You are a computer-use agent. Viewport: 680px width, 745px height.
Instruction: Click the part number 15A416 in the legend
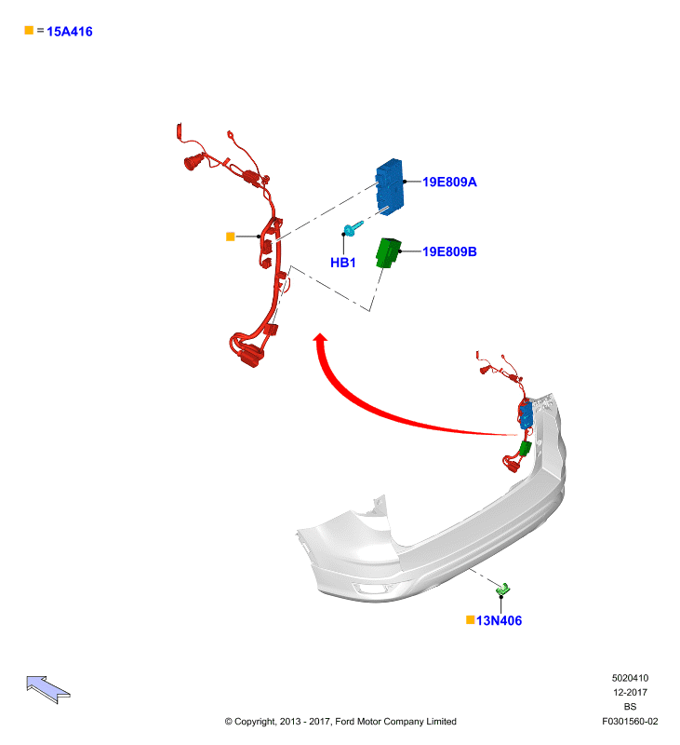pos(69,32)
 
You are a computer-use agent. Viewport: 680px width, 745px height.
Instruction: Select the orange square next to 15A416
pos(29,30)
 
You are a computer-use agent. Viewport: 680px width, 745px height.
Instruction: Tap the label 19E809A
pos(449,182)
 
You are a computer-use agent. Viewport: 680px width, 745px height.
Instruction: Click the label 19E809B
pos(449,251)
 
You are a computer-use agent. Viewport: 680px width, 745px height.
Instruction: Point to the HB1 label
pos(342,263)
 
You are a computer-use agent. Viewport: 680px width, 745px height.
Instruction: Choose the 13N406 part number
pos(499,620)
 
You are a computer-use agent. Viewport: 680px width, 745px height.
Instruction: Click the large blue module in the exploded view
pos(390,187)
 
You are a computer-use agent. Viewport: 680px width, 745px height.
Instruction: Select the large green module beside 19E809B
pos(388,252)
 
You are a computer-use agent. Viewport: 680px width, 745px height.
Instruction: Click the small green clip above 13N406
pos(502,589)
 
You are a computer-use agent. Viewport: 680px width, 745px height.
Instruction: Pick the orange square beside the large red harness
pos(230,237)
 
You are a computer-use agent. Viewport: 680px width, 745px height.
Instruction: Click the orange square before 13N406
pos(471,619)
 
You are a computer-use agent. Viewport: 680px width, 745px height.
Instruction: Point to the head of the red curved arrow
pos(321,337)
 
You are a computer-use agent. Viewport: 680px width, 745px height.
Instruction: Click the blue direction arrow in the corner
pos(48,689)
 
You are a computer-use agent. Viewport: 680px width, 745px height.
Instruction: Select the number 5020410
pos(630,678)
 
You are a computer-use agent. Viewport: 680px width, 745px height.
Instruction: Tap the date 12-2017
pos(630,692)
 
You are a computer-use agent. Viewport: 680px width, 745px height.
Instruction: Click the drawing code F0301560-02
pos(630,721)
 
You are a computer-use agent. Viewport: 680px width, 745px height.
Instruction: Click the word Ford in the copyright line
pos(345,721)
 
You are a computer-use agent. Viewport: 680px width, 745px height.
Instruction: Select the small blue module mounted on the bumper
pos(526,415)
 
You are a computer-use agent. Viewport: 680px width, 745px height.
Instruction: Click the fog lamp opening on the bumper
pos(371,589)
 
